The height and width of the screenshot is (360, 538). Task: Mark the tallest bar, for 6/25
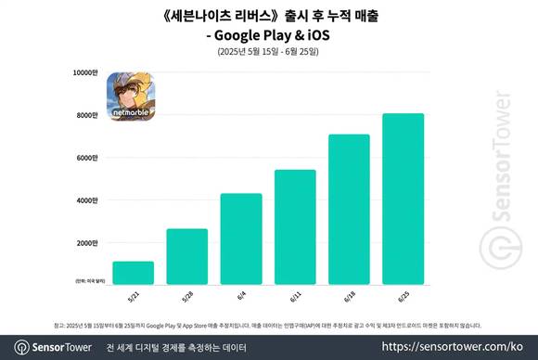(402, 199)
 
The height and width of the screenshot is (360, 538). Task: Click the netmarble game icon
(131, 96)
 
